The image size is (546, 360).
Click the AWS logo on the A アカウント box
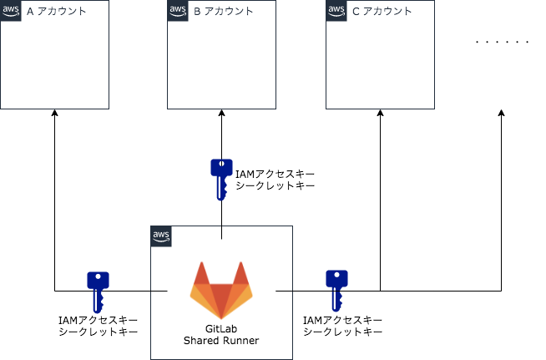[x=11, y=11]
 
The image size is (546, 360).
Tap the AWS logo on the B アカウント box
[x=178, y=11]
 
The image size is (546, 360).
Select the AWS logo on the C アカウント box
[x=336, y=11]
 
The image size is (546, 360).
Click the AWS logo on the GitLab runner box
[x=161, y=236]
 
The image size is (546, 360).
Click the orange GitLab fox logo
[x=221, y=289]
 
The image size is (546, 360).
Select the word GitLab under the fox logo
[x=221, y=328]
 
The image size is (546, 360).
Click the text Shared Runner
[x=221, y=341]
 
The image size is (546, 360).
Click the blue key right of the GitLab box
[x=336, y=290]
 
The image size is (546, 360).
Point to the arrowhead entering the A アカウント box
[x=54, y=114]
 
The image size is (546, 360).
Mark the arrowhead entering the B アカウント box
[x=221, y=114]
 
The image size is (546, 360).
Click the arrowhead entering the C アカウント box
[x=380, y=114]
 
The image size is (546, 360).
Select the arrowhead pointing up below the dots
[x=502, y=114]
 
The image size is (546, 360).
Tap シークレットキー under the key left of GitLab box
[x=97, y=332]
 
